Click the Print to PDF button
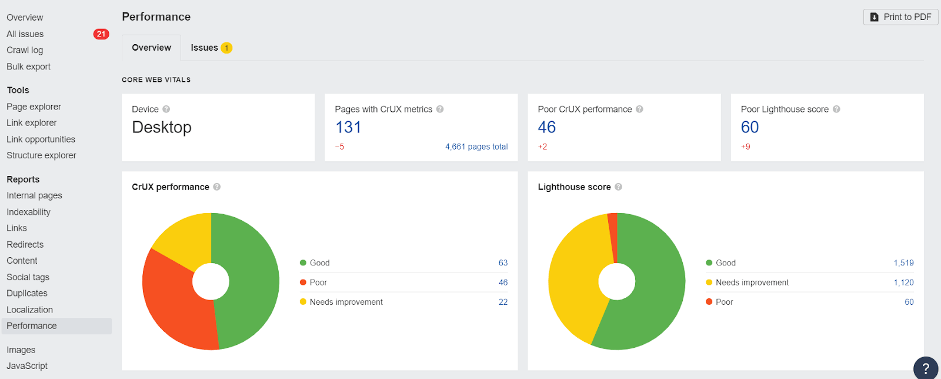[900, 17]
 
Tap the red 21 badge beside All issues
[101, 34]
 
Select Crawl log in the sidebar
[25, 50]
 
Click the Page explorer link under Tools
[34, 107]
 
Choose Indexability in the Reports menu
[28, 212]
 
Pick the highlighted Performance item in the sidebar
[32, 326]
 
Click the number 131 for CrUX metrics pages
[348, 127]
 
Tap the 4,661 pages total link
[476, 147]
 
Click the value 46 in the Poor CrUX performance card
[547, 127]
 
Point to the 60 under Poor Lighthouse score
[750, 127]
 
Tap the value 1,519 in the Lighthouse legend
[903, 263]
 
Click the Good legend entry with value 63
[319, 263]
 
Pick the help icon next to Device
[166, 109]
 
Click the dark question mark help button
[926, 368]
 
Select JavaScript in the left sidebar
[27, 366]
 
